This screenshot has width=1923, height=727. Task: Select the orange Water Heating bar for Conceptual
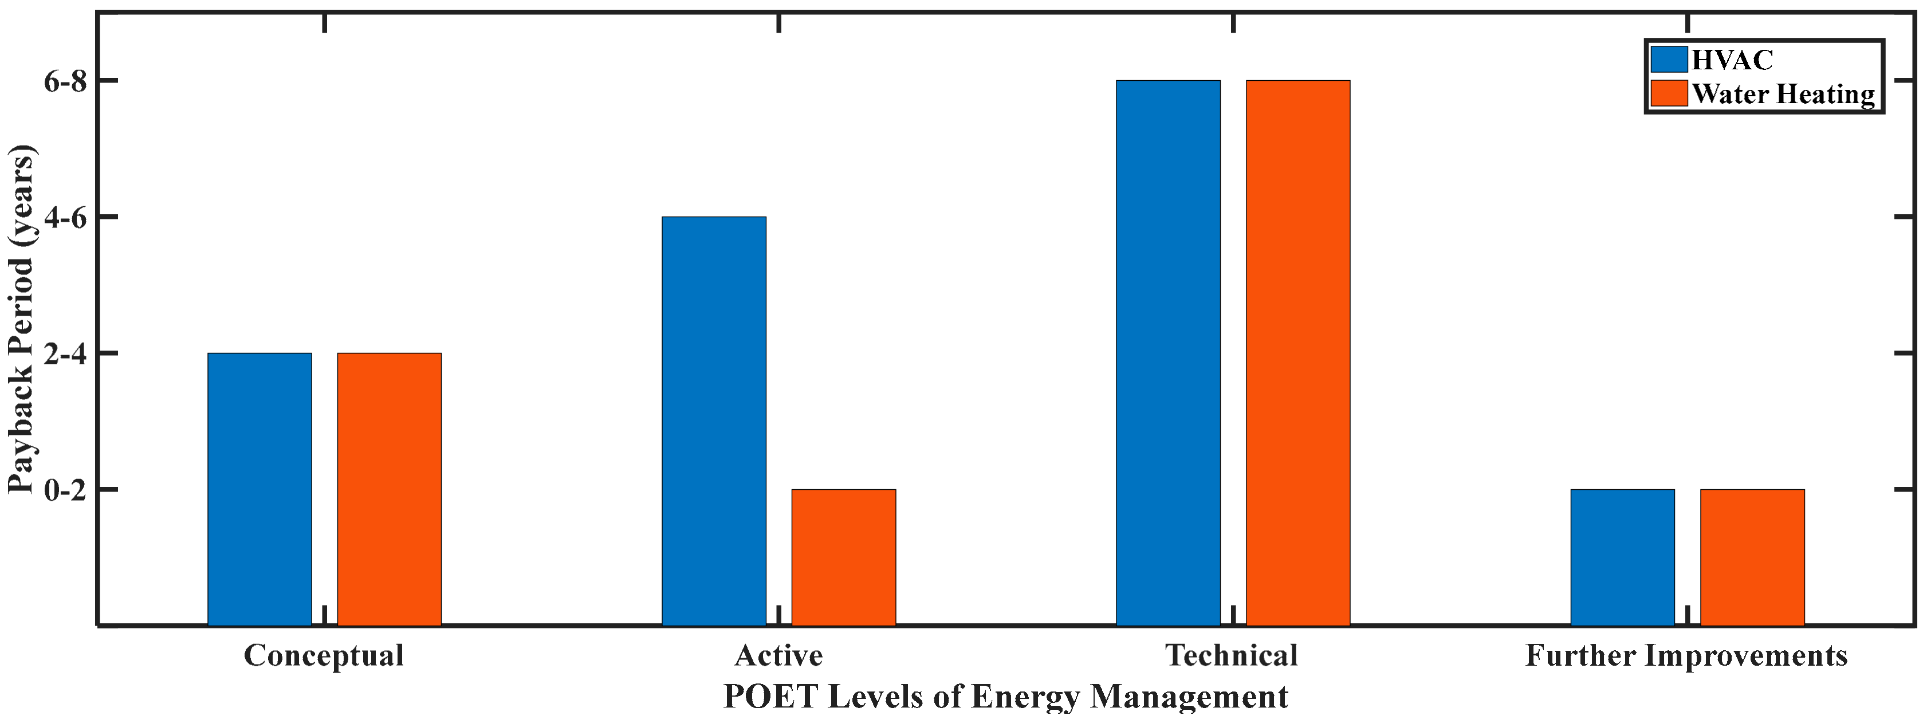pyautogui.click(x=389, y=489)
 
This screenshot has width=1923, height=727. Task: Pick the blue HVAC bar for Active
pyautogui.click(x=714, y=421)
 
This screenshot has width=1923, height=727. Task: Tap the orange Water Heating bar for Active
pyautogui.click(x=844, y=557)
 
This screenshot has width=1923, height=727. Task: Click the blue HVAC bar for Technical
pyautogui.click(x=1168, y=352)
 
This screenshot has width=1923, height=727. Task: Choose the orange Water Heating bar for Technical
pyautogui.click(x=1298, y=352)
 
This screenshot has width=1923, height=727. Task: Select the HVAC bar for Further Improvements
pyautogui.click(x=1622, y=557)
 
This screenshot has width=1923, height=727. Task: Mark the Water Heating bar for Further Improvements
pyautogui.click(x=1752, y=557)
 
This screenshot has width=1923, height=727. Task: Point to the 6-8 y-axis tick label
pyautogui.click(x=66, y=81)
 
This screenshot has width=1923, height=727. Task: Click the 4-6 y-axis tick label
pyautogui.click(x=66, y=217)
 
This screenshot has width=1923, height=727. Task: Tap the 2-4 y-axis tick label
pyautogui.click(x=66, y=354)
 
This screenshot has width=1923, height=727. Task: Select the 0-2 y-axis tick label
pyautogui.click(x=66, y=490)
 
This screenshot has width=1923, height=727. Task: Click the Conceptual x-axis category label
pyautogui.click(x=324, y=655)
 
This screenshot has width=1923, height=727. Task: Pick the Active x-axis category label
pyautogui.click(x=778, y=655)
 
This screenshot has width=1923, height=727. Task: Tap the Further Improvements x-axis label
pyautogui.click(x=1686, y=655)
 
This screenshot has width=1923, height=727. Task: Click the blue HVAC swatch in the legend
pyautogui.click(x=1669, y=60)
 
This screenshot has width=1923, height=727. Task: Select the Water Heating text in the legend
pyautogui.click(x=1783, y=94)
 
